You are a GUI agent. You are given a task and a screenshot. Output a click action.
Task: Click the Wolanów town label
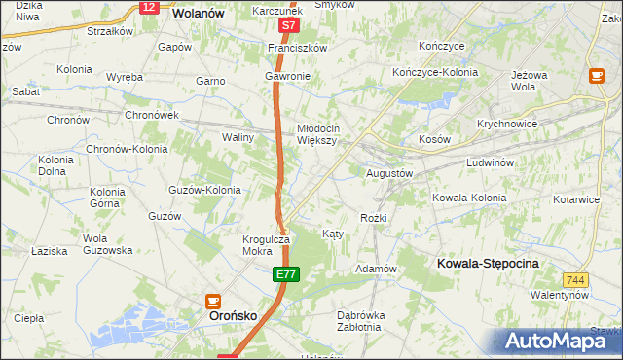click(198, 14)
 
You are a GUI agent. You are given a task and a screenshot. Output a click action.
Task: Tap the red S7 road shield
click(287, 25)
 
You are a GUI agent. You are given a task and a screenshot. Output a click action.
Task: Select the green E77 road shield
click(284, 277)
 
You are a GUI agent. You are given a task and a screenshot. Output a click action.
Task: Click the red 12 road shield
click(148, 7)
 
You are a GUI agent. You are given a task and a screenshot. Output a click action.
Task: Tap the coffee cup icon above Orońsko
click(213, 302)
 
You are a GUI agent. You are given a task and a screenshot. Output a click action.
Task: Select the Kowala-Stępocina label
click(489, 264)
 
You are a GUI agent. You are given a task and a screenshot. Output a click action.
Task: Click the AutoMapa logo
click(556, 341)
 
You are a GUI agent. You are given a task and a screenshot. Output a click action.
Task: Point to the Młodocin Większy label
click(318, 133)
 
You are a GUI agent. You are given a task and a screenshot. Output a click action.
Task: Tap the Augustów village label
click(389, 172)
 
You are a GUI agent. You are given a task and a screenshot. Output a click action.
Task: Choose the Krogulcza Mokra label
click(266, 245)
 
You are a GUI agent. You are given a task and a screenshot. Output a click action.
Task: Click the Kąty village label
click(332, 234)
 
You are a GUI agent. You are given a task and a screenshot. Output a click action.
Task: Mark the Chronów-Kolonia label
click(127, 149)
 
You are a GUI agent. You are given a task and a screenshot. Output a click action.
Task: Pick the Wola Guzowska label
click(107, 244)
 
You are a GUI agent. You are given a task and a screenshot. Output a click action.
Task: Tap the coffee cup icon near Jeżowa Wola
click(597, 75)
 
